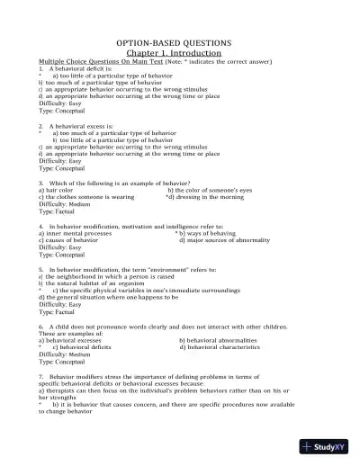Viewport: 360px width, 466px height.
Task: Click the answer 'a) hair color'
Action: (56, 191)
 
